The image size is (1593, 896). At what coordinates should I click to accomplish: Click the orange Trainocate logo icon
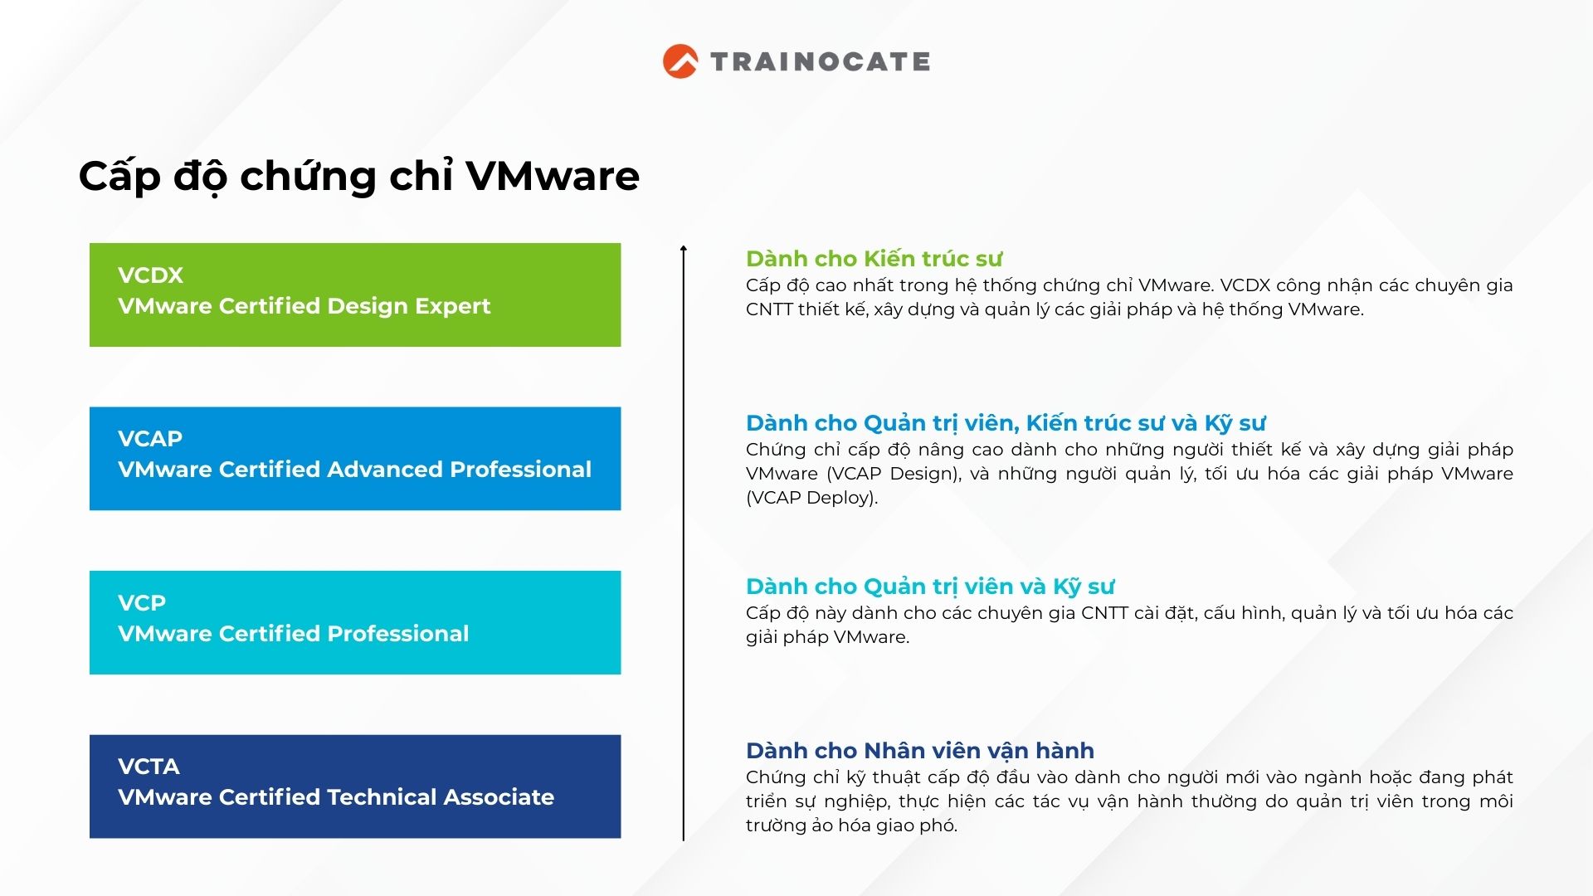pos(680,61)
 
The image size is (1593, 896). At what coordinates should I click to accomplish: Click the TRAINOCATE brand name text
pos(821,61)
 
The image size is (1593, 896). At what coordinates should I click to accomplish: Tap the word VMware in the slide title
pos(553,176)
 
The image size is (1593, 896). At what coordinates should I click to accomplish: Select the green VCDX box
pos(355,295)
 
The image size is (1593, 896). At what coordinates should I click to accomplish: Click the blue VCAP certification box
pos(355,459)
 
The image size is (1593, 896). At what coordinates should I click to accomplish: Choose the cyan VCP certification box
pos(355,622)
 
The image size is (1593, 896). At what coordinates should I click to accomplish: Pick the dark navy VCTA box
pos(355,786)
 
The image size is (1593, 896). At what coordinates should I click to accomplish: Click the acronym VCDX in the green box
pos(150,275)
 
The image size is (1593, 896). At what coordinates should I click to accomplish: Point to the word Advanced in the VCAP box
pos(385,470)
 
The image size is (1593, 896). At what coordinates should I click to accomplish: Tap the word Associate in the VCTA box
pos(499,797)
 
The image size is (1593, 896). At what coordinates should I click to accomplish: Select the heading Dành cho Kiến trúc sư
pos(874,259)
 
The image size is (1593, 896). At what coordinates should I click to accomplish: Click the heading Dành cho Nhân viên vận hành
pos(920,751)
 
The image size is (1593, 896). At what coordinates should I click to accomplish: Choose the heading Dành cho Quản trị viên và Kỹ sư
pos(930,587)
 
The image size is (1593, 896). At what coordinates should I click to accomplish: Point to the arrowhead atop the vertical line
pos(684,247)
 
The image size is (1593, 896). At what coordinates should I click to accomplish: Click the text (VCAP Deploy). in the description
pos(811,498)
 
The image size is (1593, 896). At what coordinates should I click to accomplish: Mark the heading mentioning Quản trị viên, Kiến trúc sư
pos(1006,423)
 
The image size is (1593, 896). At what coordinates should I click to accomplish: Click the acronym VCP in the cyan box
pos(142,603)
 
